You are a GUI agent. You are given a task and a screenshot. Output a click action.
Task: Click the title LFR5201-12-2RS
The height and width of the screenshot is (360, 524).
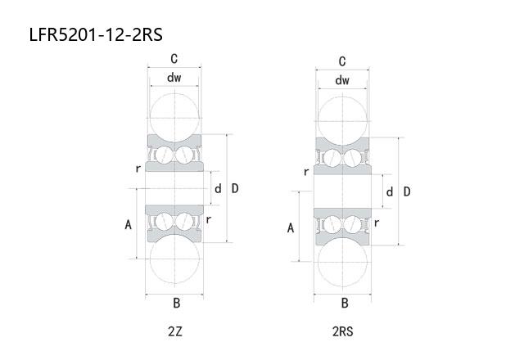[x=96, y=34]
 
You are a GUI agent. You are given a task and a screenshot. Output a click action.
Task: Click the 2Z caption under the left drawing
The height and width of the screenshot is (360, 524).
[x=174, y=331]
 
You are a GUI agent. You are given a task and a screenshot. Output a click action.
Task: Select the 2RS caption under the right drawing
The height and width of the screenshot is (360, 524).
[x=342, y=331]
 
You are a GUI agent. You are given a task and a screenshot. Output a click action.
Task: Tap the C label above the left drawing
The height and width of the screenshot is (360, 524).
[x=174, y=59]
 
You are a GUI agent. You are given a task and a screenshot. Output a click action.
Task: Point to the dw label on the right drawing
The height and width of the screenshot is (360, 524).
[x=342, y=80]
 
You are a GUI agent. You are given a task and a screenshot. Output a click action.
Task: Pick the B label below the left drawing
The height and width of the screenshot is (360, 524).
[x=177, y=304]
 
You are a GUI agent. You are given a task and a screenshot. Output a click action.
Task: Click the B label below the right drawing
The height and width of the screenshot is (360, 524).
[x=345, y=304]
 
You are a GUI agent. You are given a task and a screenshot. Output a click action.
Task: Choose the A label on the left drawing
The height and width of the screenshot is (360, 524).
[x=128, y=225]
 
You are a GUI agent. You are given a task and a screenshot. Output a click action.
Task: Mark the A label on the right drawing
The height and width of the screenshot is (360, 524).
[x=291, y=228]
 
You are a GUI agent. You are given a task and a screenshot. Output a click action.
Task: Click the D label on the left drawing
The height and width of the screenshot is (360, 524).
[x=235, y=188]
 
